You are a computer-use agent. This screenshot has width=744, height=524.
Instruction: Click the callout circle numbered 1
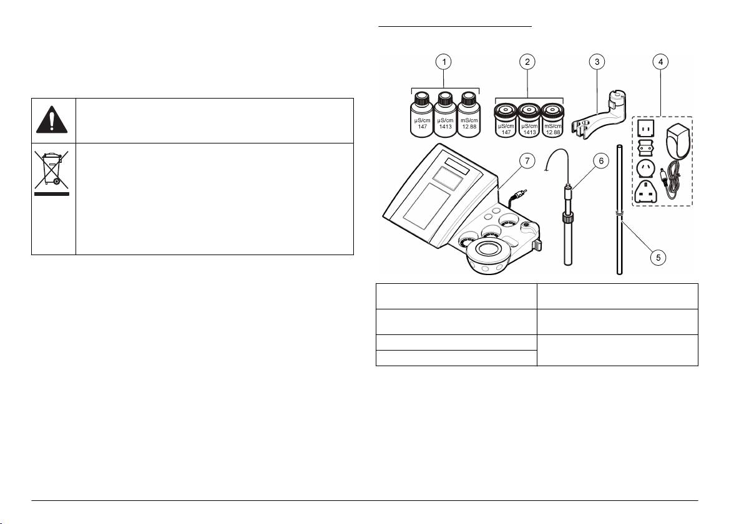pos(444,62)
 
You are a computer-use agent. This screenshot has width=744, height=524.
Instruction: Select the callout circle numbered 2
pos(528,62)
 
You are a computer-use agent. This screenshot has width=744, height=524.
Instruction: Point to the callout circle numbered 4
pos(659,62)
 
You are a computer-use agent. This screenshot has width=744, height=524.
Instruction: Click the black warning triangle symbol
pos(53,120)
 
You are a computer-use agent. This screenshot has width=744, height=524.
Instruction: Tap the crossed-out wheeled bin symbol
pos(52,170)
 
